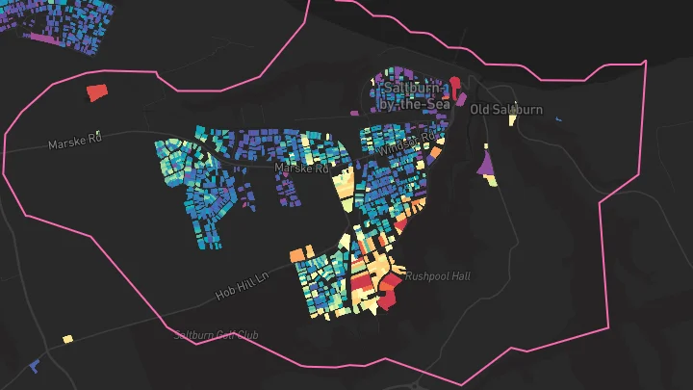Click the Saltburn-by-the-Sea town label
click(x=411, y=96)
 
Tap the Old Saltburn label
click(x=506, y=110)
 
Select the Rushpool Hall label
click(x=437, y=276)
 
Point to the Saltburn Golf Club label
click(x=217, y=335)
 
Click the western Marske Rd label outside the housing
click(x=75, y=141)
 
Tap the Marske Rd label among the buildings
click(x=302, y=168)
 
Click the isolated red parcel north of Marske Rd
click(x=95, y=92)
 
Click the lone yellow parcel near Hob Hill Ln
click(x=67, y=338)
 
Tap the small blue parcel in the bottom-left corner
click(x=35, y=366)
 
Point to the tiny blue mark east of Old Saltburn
click(x=559, y=118)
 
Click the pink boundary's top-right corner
click(x=644, y=63)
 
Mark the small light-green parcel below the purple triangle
click(x=493, y=185)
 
